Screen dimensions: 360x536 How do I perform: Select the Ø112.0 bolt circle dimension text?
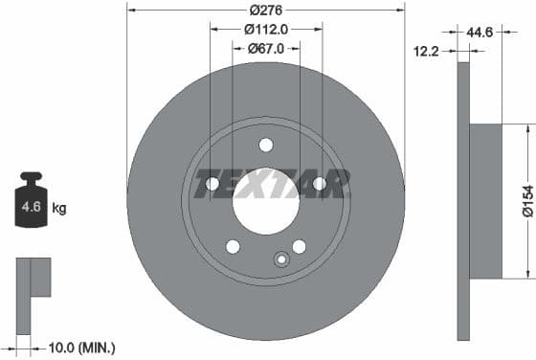[x=265, y=29]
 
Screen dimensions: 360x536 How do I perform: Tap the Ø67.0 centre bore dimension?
[x=265, y=48]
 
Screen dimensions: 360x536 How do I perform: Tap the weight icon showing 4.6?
[x=31, y=203]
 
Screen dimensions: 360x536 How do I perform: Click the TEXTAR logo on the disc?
[x=265, y=183]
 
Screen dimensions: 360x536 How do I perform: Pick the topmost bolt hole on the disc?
[x=266, y=145]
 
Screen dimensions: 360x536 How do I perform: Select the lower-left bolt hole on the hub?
[x=233, y=247]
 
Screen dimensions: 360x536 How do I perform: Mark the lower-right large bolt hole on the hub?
[x=299, y=247]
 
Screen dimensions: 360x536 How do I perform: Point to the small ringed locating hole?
[x=281, y=259]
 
